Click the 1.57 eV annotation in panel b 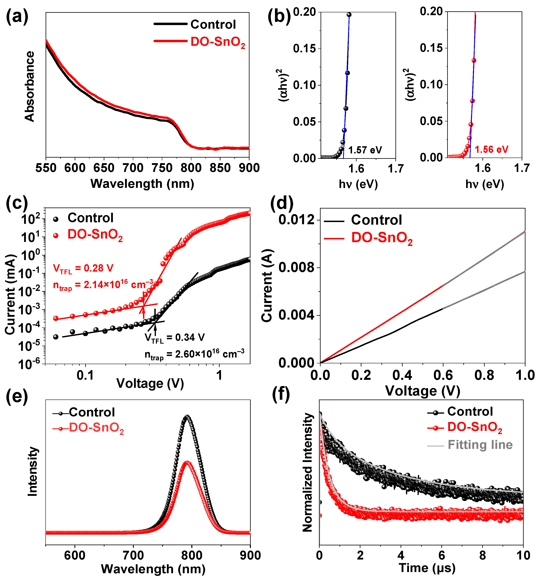pos(365,150)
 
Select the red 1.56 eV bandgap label pos(491,150)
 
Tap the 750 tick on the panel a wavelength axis pos(162,168)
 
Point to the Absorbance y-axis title pos(29,86)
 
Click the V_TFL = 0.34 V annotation pos(175,338)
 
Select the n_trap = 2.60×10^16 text pos(195,354)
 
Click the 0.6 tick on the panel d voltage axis pos(443,375)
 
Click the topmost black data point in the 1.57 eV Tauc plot pos(349,15)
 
